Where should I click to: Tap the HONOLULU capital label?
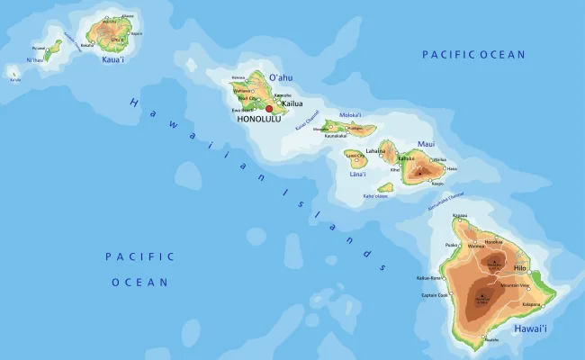pyautogui.click(x=260, y=119)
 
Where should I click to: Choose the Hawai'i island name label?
pyautogui.click(x=529, y=330)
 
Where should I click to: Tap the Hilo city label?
pyautogui.click(x=520, y=268)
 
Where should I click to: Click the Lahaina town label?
pyautogui.click(x=376, y=151)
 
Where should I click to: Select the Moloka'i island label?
pyautogui.click(x=350, y=115)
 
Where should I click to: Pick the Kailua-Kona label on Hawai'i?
pyautogui.click(x=429, y=278)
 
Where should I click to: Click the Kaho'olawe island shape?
pyautogui.click(x=385, y=188)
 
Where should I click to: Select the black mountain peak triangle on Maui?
pyautogui.click(x=419, y=168)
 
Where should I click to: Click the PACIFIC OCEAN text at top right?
pyautogui.click(x=473, y=55)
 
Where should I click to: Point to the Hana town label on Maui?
pyautogui.click(x=452, y=168)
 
